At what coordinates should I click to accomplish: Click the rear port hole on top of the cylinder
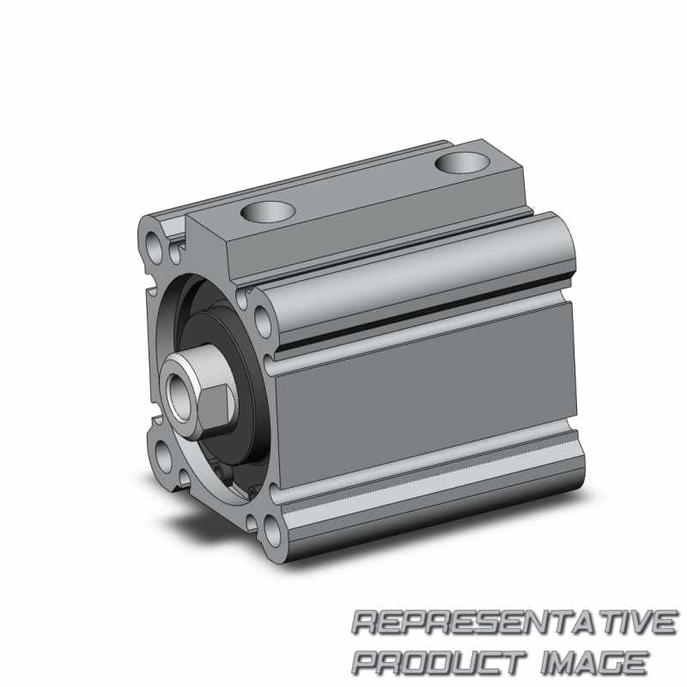point(462,162)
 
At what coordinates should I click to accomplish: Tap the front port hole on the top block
point(268,212)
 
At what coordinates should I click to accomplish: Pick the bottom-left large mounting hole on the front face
point(163,458)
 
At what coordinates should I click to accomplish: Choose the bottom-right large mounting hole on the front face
point(272,531)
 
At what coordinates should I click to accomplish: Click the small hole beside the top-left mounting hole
point(174,254)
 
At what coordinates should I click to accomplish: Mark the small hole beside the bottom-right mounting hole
point(251,522)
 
